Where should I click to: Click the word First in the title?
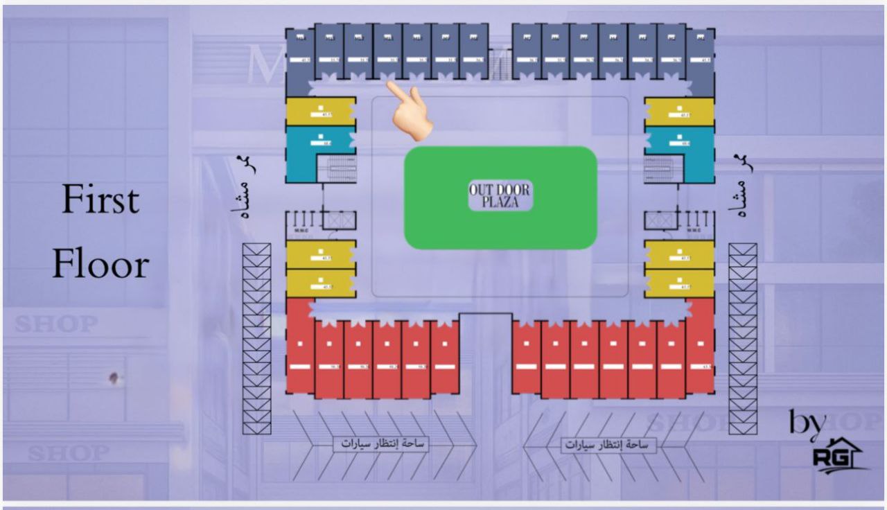[100, 201]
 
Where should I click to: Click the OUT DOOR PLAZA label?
[500, 197]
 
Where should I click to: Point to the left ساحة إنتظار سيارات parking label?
[381, 444]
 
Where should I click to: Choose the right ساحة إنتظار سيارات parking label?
[608, 445]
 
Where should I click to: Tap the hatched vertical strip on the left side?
[256, 339]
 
